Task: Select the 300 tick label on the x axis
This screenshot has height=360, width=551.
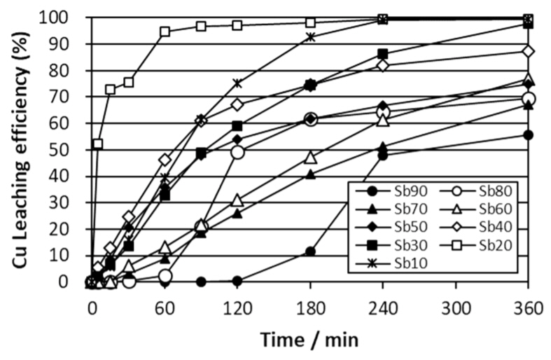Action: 455,307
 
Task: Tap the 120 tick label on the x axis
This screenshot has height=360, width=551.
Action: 237,307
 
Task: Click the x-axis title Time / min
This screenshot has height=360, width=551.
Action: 309,340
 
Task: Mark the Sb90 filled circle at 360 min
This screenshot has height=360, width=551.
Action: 528,135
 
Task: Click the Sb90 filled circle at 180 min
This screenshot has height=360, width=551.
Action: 310,251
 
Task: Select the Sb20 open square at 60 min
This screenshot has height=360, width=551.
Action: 165,32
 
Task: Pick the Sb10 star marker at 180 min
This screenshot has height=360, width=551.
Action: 310,37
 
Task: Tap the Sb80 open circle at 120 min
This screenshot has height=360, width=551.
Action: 237,152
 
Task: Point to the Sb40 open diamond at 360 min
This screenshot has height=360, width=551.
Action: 528,51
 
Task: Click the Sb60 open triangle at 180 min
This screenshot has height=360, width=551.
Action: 310,156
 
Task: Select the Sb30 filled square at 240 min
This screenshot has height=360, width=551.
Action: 383,54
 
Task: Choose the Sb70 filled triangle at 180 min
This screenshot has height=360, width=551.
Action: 310,174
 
